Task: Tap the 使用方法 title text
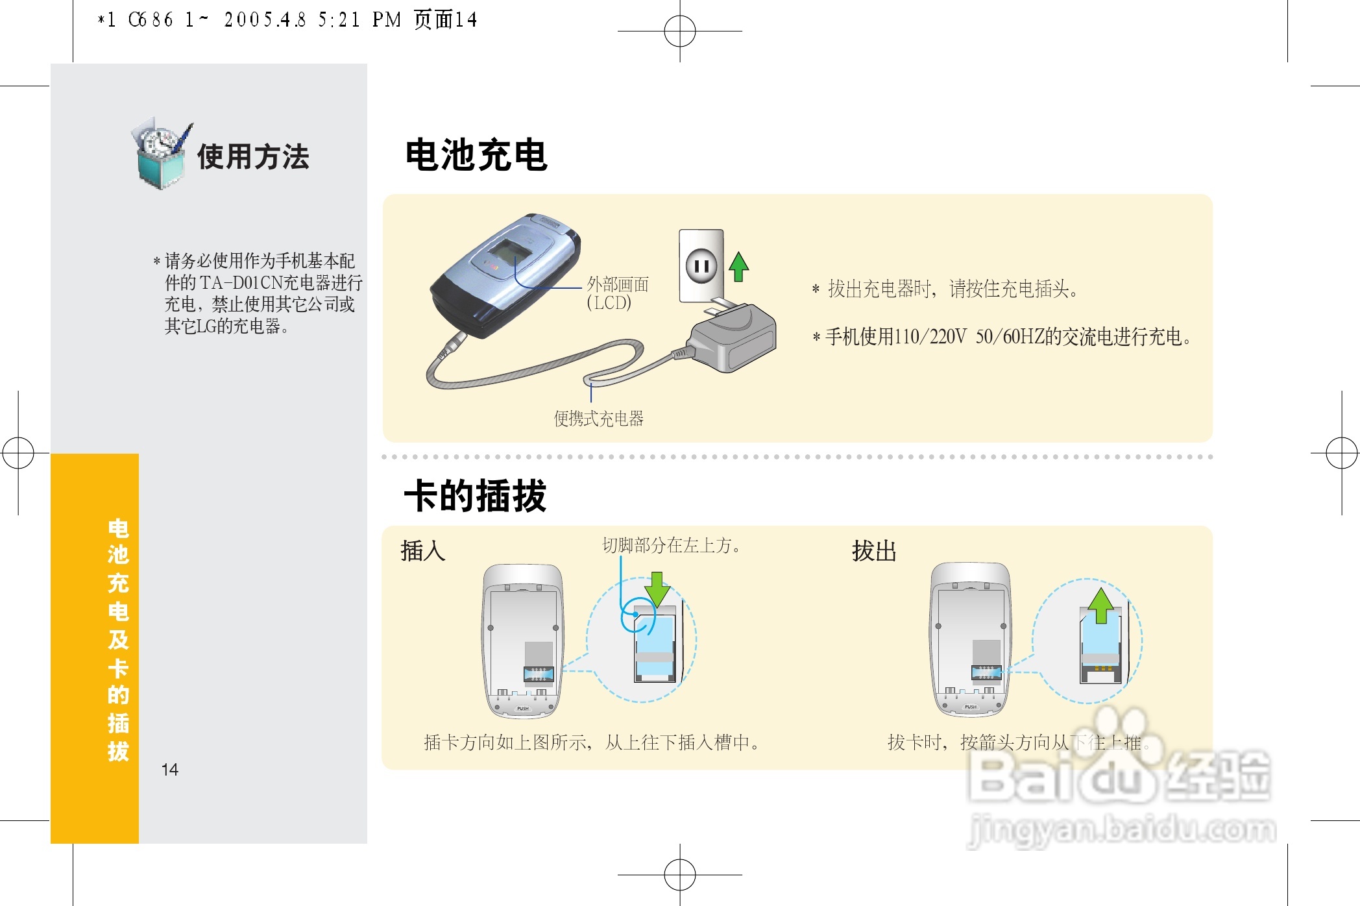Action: (x=253, y=156)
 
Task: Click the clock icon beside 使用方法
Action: (x=160, y=154)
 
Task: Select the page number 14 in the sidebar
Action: (x=169, y=770)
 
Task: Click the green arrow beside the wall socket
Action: (x=738, y=266)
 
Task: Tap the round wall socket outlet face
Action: (x=701, y=265)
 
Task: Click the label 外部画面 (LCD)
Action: (x=616, y=293)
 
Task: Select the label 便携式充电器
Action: (x=598, y=419)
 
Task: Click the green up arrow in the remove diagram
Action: (x=1100, y=605)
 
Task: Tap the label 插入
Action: (x=422, y=551)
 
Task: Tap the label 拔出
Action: (x=873, y=551)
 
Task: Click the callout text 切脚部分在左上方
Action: (x=671, y=545)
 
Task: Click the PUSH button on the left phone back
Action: (x=522, y=708)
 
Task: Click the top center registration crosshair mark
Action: (x=679, y=31)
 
